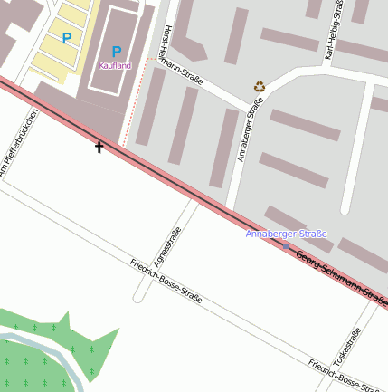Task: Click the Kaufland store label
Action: point(115,66)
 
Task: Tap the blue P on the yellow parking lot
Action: point(67,38)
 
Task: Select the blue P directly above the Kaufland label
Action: point(116,52)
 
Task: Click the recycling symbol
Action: point(260,87)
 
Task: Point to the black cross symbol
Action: point(99,146)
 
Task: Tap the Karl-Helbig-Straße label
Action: point(332,32)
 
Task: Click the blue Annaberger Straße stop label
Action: point(286,234)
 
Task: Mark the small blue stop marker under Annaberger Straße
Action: point(287,245)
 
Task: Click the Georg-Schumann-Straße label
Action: point(341,278)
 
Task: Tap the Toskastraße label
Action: point(347,347)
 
